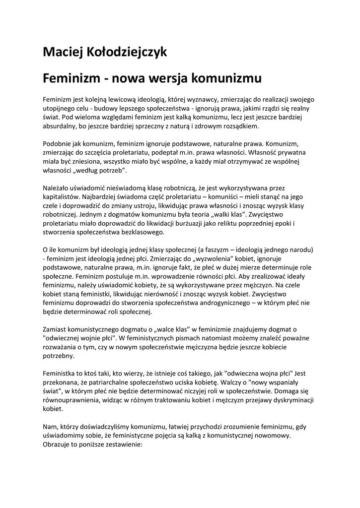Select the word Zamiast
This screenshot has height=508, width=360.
(57, 329)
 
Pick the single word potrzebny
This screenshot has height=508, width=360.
(59, 356)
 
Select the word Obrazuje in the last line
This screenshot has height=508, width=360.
(59, 445)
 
